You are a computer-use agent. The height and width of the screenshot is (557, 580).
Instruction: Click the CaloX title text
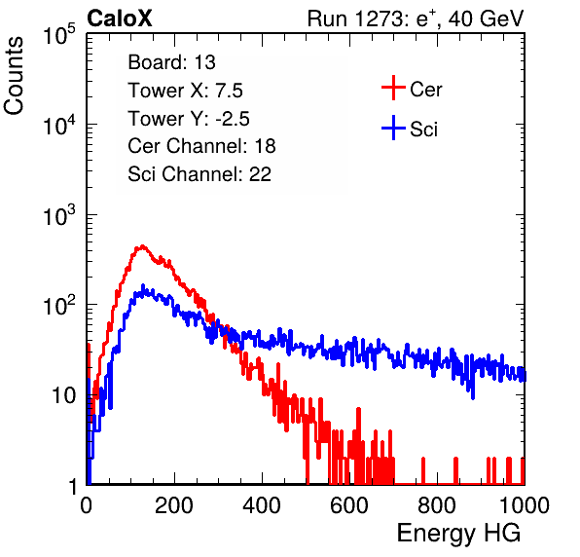tap(119, 19)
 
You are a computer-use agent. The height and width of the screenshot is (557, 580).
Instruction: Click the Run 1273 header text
tap(416, 19)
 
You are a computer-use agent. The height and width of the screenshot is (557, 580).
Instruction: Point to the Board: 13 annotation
tap(171, 62)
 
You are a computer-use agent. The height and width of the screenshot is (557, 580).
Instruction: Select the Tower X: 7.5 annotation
tap(185, 91)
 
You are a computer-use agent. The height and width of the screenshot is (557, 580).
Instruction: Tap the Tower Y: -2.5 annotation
tap(189, 119)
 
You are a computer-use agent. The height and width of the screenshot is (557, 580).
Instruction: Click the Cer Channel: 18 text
tap(201, 146)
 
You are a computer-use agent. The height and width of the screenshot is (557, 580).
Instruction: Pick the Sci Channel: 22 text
tap(199, 174)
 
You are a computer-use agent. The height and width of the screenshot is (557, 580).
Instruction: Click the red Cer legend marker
tap(393, 88)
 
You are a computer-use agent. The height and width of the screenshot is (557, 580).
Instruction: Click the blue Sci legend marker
tap(393, 128)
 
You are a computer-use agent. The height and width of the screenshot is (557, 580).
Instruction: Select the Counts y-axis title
tap(14, 76)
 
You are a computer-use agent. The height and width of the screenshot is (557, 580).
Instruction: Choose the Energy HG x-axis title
tap(458, 534)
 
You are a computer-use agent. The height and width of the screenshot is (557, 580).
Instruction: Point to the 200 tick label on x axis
tap(174, 505)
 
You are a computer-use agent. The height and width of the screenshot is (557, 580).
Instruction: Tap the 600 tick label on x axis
tap(349, 505)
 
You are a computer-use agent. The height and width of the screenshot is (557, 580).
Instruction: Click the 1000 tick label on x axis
tap(525, 505)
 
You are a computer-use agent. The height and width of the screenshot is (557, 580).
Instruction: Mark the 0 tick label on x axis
tap(87, 505)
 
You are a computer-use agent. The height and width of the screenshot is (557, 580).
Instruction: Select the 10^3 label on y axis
tap(59, 215)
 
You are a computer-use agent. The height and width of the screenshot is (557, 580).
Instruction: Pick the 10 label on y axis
tap(63, 395)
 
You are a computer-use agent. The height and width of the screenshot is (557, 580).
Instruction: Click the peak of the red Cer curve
tap(142, 245)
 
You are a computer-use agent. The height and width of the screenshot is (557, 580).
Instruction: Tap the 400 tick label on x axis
tap(262, 505)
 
